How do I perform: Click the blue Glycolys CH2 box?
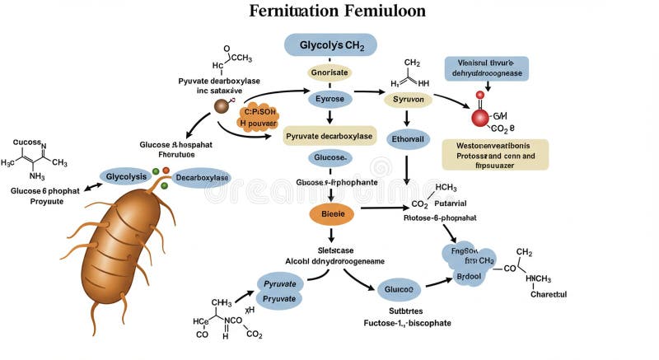point(329,44)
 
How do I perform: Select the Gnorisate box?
point(329,72)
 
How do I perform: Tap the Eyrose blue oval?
point(329,99)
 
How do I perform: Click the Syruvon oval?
point(408,99)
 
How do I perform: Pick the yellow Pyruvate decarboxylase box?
point(329,135)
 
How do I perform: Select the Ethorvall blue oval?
point(408,139)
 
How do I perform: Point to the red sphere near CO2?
point(480,118)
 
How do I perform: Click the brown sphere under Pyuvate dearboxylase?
point(221,106)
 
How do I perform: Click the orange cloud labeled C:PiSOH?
point(259,117)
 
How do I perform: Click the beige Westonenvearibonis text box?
point(495,154)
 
